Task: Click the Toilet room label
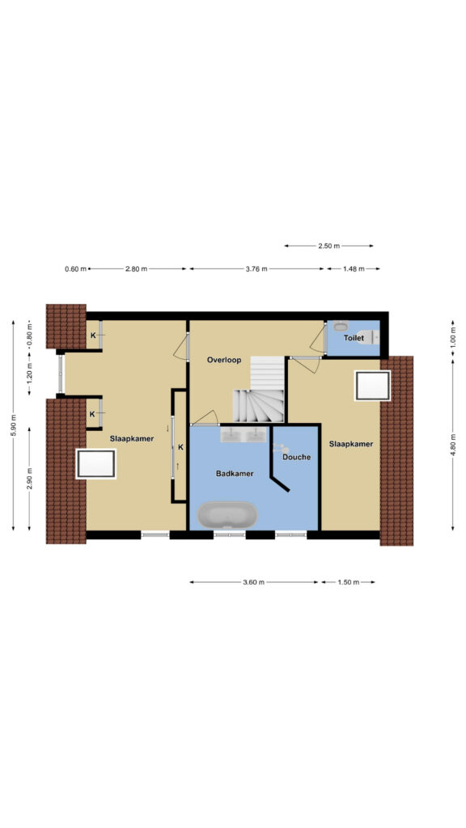[x=354, y=338]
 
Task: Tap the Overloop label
[x=224, y=360]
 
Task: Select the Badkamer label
[x=235, y=474]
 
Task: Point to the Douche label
[x=296, y=458]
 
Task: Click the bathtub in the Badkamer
[x=227, y=515]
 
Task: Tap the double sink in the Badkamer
[x=244, y=434]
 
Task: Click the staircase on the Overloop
[x=259, y=390]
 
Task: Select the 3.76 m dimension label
[x=256, y=268]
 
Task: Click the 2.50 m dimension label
[x=328, y=246]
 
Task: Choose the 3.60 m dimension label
[x=253, y=582]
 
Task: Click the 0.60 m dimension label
[x=75, y=268]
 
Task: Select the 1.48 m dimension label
[x=354, y=268]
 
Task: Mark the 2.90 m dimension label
[x=30, y=479]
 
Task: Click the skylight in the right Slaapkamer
[x=372, y=386]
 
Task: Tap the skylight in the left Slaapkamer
[x=95, y=464]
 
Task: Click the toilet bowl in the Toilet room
[x=369, y=336]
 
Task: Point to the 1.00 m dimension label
[x=453, y=340]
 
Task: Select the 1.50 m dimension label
[x=348, y=582]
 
